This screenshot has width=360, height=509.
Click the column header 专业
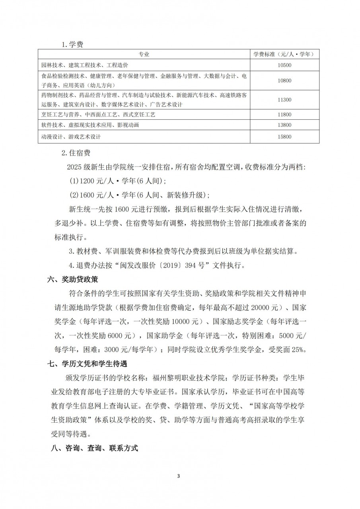pos(144,54)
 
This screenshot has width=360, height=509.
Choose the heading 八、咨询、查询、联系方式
pos(92,448)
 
